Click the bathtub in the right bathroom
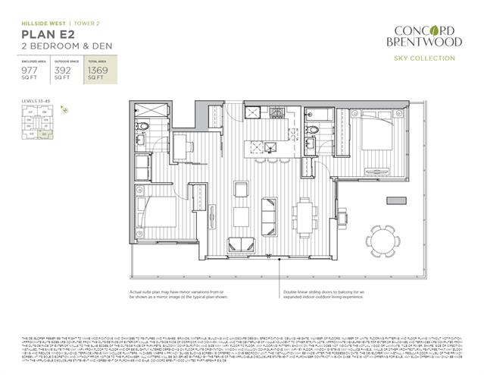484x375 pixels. pos(318,114)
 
